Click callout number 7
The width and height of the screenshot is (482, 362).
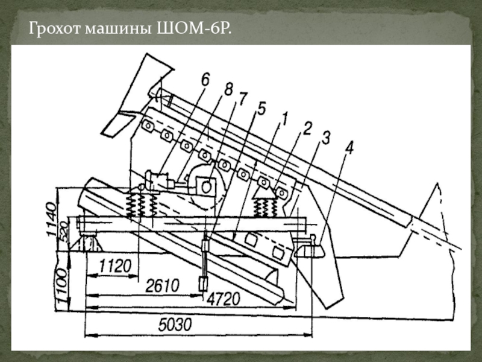tap(242, 98)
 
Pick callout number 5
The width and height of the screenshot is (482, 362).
tap(260, 109)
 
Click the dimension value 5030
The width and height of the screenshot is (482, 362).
tap(175, 325)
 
